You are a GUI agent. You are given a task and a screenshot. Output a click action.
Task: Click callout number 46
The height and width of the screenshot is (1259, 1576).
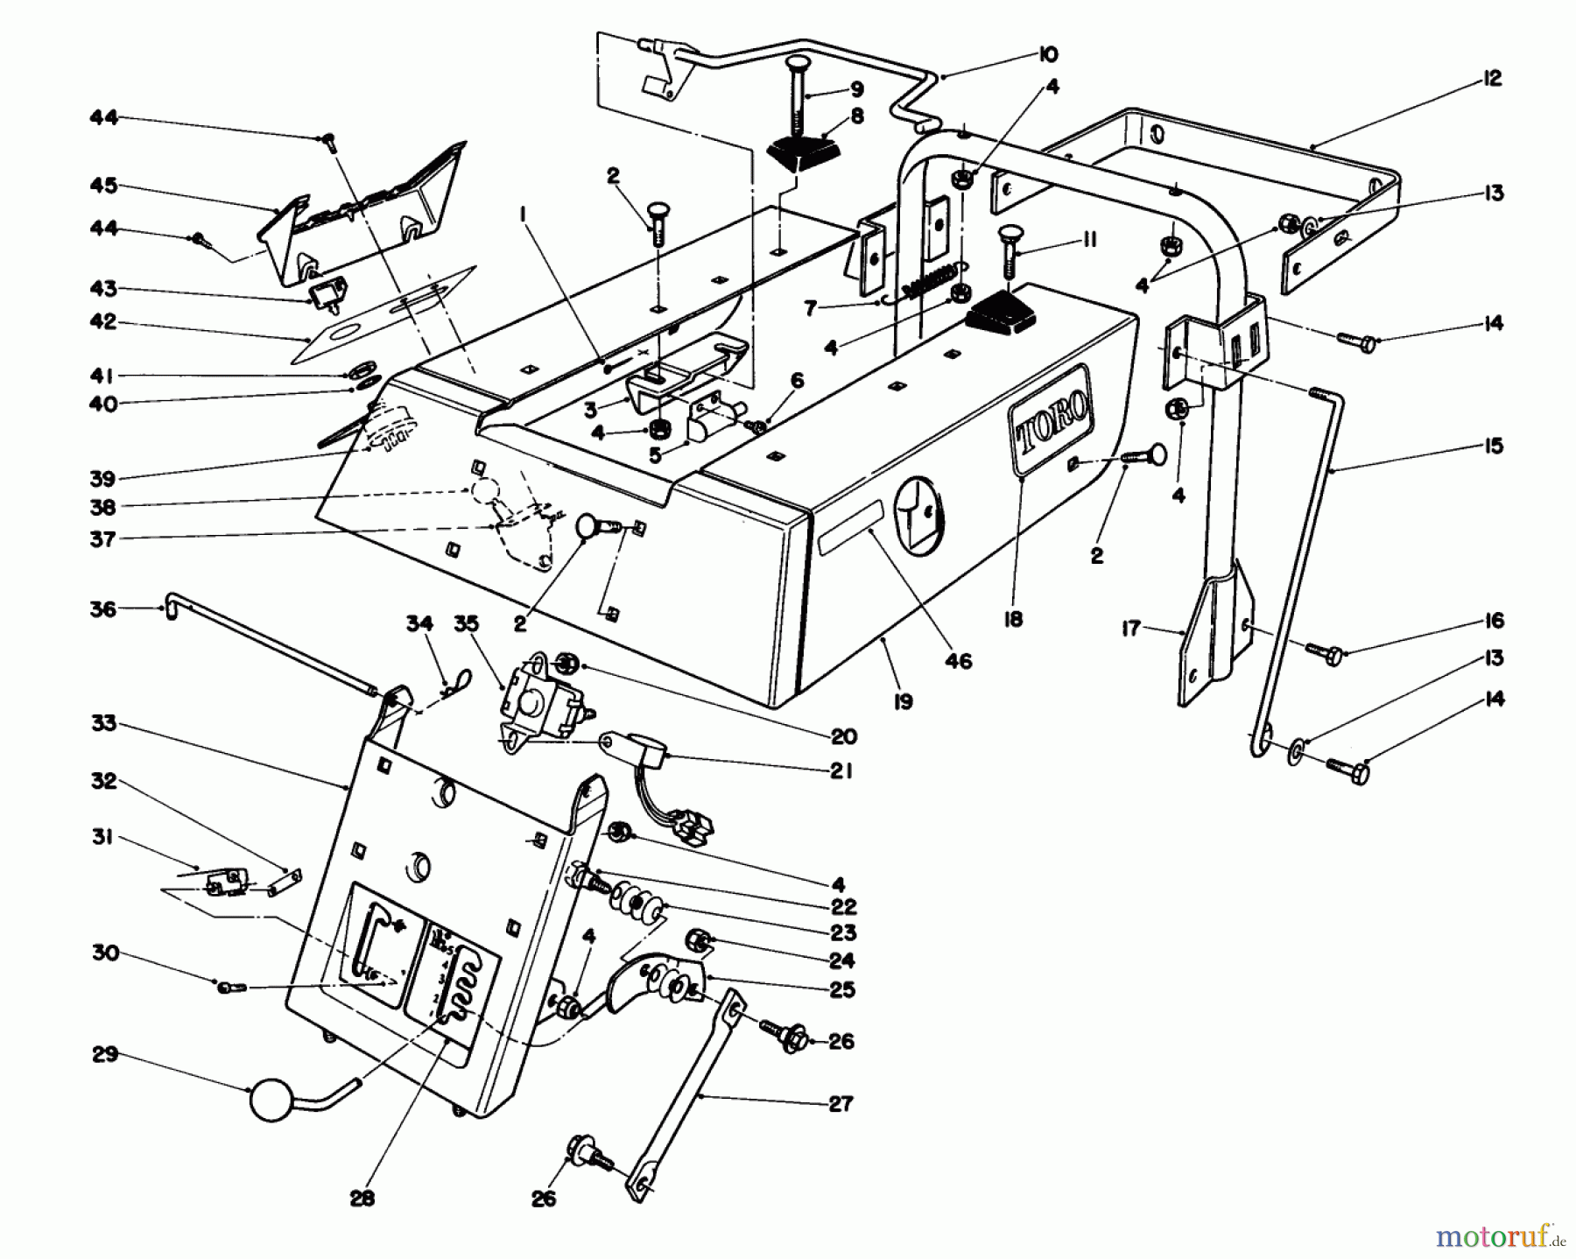click(x=959, y=662)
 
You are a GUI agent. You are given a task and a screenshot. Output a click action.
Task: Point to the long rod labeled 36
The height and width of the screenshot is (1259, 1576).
click(x=271, y=647)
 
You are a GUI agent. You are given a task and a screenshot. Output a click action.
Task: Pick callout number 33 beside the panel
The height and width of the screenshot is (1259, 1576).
click(x=103, y=725)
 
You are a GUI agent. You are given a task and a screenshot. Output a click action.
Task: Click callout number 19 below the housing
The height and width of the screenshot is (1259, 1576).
click(x=903, y=700)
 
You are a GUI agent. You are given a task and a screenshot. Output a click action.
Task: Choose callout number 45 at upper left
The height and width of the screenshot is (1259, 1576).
click(x=102, y=186)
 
